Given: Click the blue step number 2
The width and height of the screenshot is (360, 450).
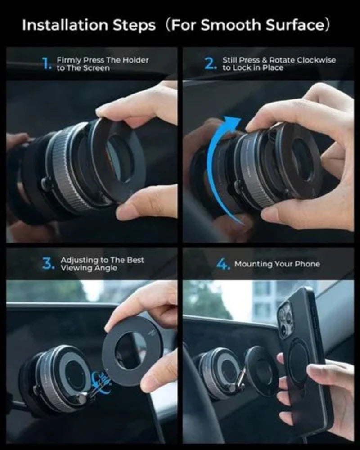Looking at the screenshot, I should [x=211, y=64].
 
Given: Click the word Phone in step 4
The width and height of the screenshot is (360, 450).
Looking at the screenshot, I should [x=308, y=264].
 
